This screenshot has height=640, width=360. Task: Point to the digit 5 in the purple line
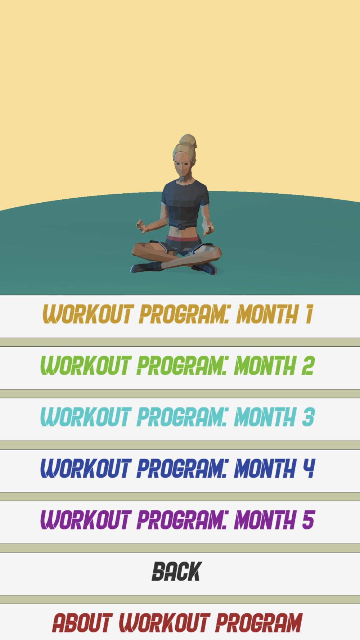[x=309, y=520]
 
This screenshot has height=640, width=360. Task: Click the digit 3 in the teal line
[x=309, y=417]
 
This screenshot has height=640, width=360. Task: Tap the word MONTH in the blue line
[x=265, y=468]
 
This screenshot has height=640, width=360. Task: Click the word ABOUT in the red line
[x=82, y=623]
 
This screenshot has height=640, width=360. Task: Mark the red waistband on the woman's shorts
[x=183, y=238]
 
